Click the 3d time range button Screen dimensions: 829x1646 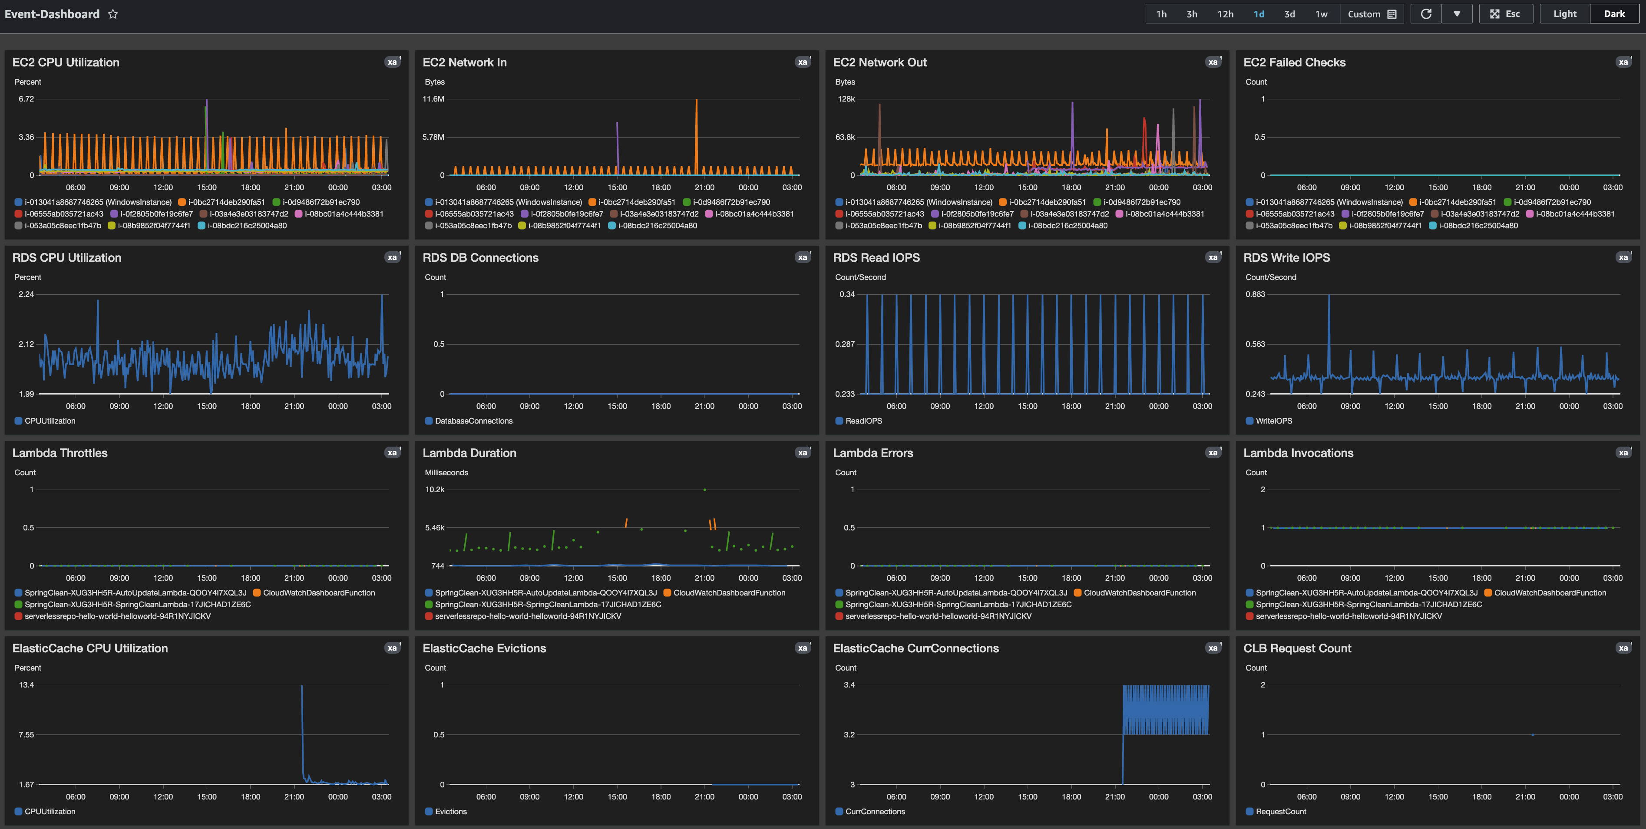click(x=1289, y=14)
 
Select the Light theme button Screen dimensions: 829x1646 click(x=1564, y=14)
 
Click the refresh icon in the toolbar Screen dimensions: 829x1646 click(x=1425, y=14)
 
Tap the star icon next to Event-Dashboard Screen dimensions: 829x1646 click(x=113, y=14)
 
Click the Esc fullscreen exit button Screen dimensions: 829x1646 click(x=1505, y=14)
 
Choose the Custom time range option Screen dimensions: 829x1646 click(x=1371, y=14)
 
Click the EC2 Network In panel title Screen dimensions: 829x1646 click(x=465, y=63)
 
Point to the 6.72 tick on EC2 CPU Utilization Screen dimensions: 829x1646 click(x=26, y=99)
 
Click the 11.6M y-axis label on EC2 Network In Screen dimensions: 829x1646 click(x=433, y=99)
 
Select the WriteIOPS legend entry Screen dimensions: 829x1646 click(x=1273, y=421)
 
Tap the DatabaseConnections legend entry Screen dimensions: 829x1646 click(x=473, y=421)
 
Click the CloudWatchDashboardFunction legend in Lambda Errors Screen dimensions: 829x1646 click(x=1139, y=593)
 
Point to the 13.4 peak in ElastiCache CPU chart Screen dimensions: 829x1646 click(x=301, y=687)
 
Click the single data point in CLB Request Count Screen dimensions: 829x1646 click(x=1533, y=734)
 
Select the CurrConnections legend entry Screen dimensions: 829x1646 click(x=874, y=812)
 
